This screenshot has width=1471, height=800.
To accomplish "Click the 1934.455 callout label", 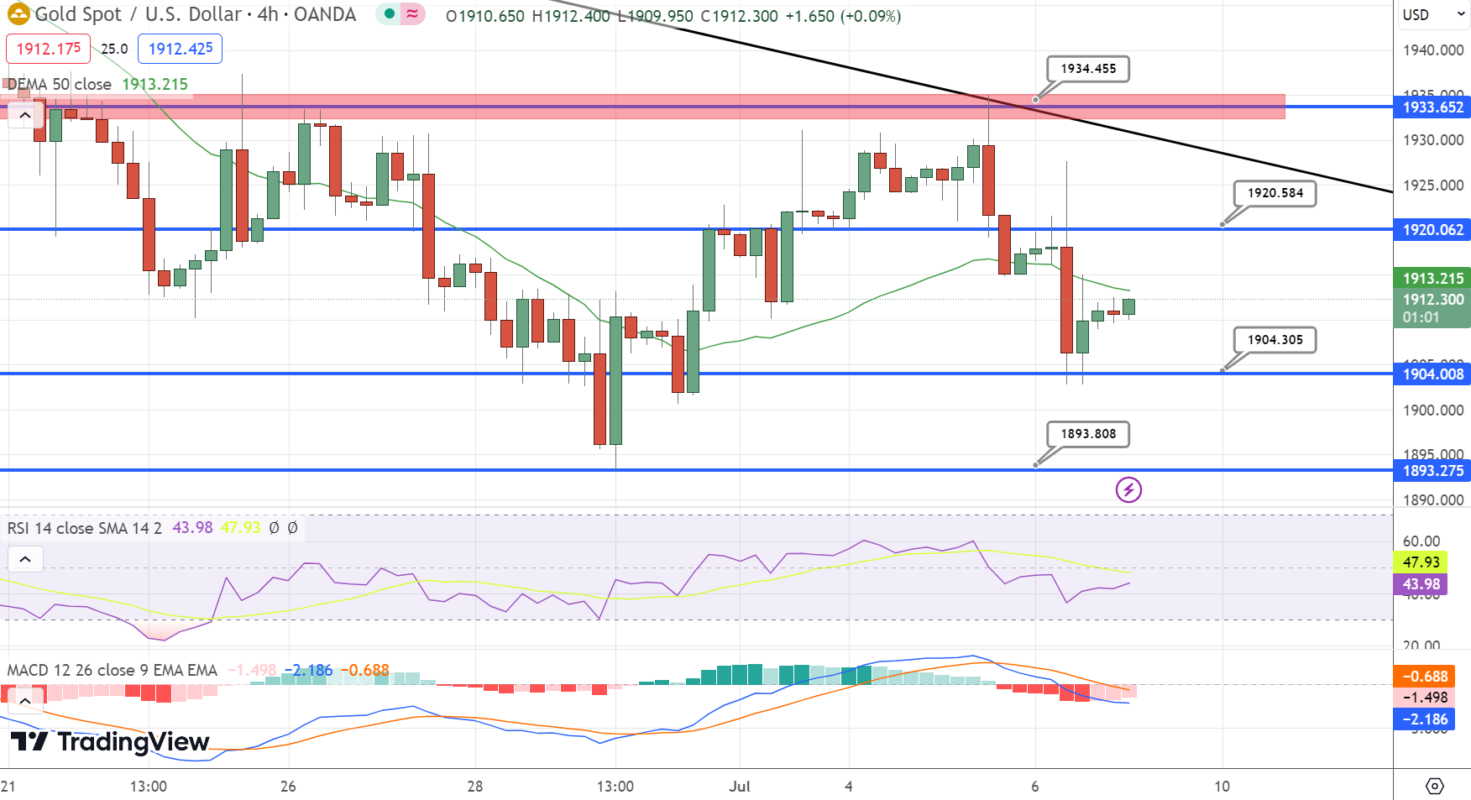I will [1088, 69].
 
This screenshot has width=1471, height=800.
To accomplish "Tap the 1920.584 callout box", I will [1275, 193].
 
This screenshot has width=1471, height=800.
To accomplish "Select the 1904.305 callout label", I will [1275, 340].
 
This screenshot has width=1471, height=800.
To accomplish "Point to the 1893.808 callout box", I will [1088, 434].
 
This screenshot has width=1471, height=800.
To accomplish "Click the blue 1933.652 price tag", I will [1432, 107].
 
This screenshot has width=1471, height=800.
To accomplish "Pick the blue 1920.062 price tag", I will [1432, 230].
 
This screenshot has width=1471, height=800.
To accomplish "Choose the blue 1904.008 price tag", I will [1432, 374].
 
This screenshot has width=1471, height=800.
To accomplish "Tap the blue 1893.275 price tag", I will [1432, 471].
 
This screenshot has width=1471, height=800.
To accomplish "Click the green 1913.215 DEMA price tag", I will [1432, 279].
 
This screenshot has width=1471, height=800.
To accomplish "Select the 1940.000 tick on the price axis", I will [1432, 50].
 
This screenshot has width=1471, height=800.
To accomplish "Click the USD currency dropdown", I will [1432, 15].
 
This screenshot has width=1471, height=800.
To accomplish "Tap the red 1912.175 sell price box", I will [49, 49].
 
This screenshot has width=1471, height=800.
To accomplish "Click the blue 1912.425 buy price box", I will [181, 49].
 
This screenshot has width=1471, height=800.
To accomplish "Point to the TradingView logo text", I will [111, 742].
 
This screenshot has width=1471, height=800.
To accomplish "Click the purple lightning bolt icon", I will [1128, 489].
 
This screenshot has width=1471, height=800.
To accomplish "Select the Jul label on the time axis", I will [740, 787].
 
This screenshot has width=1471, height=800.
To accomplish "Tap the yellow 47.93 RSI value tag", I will [1421, 562].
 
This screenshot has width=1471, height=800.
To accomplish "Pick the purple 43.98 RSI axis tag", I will [1421, 584].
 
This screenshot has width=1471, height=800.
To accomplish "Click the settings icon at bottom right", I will [1435, 787].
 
